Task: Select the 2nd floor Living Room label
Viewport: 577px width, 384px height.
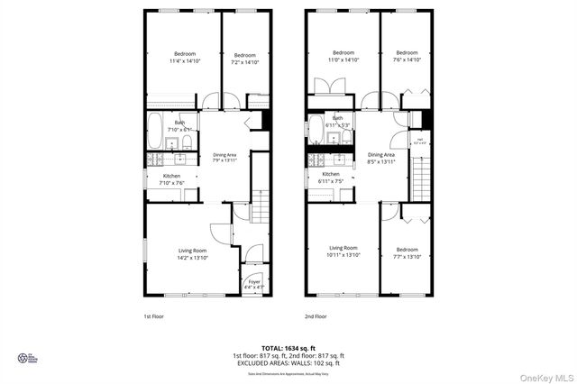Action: tap(343, 251)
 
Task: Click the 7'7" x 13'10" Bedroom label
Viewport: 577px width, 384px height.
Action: tap(407, 253)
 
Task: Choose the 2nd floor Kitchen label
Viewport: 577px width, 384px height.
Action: tap(331, 178)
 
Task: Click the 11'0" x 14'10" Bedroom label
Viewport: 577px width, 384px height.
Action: tap(343, 56)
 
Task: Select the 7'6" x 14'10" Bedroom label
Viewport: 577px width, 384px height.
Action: tap(407, 56)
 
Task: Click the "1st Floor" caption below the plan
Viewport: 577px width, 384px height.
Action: tap(153, 316)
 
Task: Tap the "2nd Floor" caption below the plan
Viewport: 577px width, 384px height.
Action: tap(316, 316)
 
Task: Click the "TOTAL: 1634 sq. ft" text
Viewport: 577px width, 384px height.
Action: tap(288, 348)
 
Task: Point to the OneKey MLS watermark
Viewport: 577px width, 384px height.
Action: tap(549, 377)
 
